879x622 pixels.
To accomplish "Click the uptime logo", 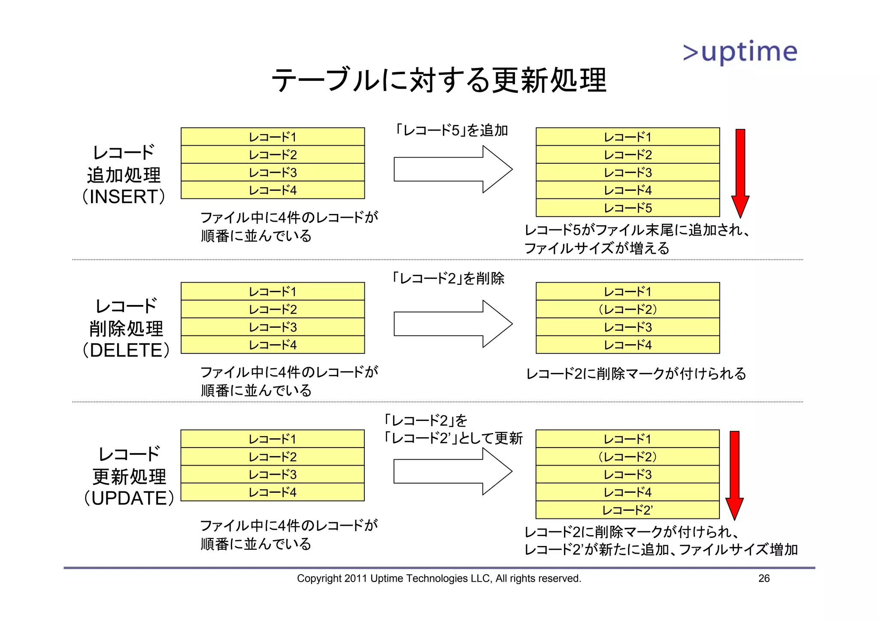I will pyautogui.click(x=740, y=52).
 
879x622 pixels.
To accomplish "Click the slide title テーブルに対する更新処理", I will pyautogui.click(x=439, y=80).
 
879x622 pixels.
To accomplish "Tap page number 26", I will pyautogui.click(x=764, y=578).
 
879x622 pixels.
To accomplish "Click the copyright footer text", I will pyautogui.click(x=439, y=578).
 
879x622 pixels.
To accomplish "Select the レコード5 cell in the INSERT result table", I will pyautogui.click(x=627, y=208).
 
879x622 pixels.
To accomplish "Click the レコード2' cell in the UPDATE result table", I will pyautogui.click(x=627, y=510).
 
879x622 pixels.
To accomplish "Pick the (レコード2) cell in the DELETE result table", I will pyautogui.click(x=627, y=309).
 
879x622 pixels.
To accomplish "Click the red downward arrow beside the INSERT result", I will pyautogui.click(x=740, y=172).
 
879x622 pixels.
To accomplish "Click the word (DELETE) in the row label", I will pyautogui.click(x=126, y=351).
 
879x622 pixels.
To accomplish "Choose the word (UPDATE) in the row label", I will pyautogui.click(x=129, y=498).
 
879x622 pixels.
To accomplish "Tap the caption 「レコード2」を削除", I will pyautogui.click(x=448, y=278).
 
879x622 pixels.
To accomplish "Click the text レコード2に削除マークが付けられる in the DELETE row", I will pyautogui.click(x=636, y=374).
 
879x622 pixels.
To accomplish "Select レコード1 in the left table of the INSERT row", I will pyautogui.click(x=273, y=137).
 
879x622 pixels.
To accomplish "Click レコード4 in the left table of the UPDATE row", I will pyautogui.click(x=273, y=492).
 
